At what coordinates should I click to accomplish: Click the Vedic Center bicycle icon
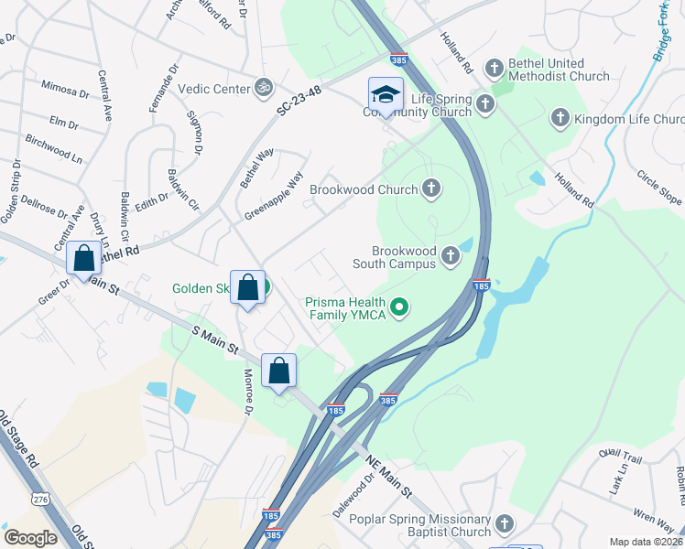click(265, 89)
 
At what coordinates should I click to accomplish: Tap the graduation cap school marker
click(386, 94)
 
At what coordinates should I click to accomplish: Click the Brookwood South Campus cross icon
click(450, 256)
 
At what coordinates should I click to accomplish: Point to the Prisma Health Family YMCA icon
click(398, 307)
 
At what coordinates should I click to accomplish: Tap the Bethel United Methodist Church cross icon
click(495, 68)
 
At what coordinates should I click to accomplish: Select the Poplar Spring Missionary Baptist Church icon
click(504, 524)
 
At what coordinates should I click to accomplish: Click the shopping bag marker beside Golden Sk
click(248, 288)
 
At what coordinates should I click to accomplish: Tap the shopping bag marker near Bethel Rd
click(84, 260)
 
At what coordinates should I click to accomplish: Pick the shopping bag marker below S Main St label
click(279, 371)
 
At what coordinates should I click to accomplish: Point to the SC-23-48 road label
click(302, 105)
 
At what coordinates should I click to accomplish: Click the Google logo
click(30, 537)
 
